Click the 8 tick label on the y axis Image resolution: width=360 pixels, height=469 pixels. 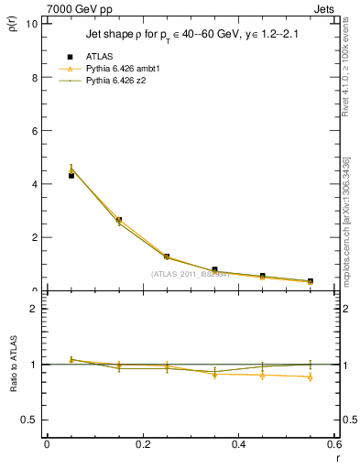pyautogui.click(x=35, y=77)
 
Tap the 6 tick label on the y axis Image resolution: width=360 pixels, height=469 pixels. pyautogui.click(x=35, y=130)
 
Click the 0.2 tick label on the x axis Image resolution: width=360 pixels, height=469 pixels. pyautogui.click(x=142, y=444)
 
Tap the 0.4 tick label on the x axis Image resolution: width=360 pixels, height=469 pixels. pyautogui.click(x=238, y=444)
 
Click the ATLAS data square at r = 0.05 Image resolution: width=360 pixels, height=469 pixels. pyautogui.click(x=71, y=175)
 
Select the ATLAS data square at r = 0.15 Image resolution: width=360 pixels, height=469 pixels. pyautogui.click(x=118, y=220)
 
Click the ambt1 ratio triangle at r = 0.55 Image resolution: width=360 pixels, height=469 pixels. pyautogui.click(x=311, y=376)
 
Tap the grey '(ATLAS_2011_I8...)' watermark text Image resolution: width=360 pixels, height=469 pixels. pyautogui.click(x=191, y=273)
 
